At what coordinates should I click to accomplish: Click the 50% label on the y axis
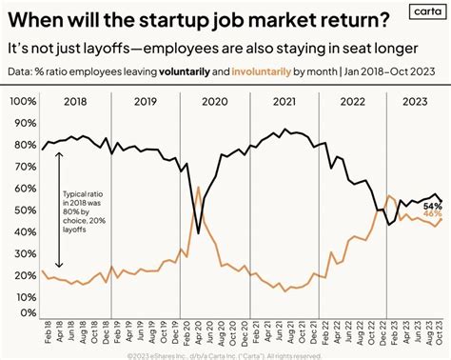[25, 207]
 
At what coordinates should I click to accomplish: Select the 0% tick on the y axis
[28, 312]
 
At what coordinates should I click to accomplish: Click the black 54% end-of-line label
[433, 205]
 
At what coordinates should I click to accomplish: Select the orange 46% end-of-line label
[433, 215]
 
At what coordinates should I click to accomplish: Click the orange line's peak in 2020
[198, 188]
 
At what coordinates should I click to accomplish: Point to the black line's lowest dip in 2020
[198, 231]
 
